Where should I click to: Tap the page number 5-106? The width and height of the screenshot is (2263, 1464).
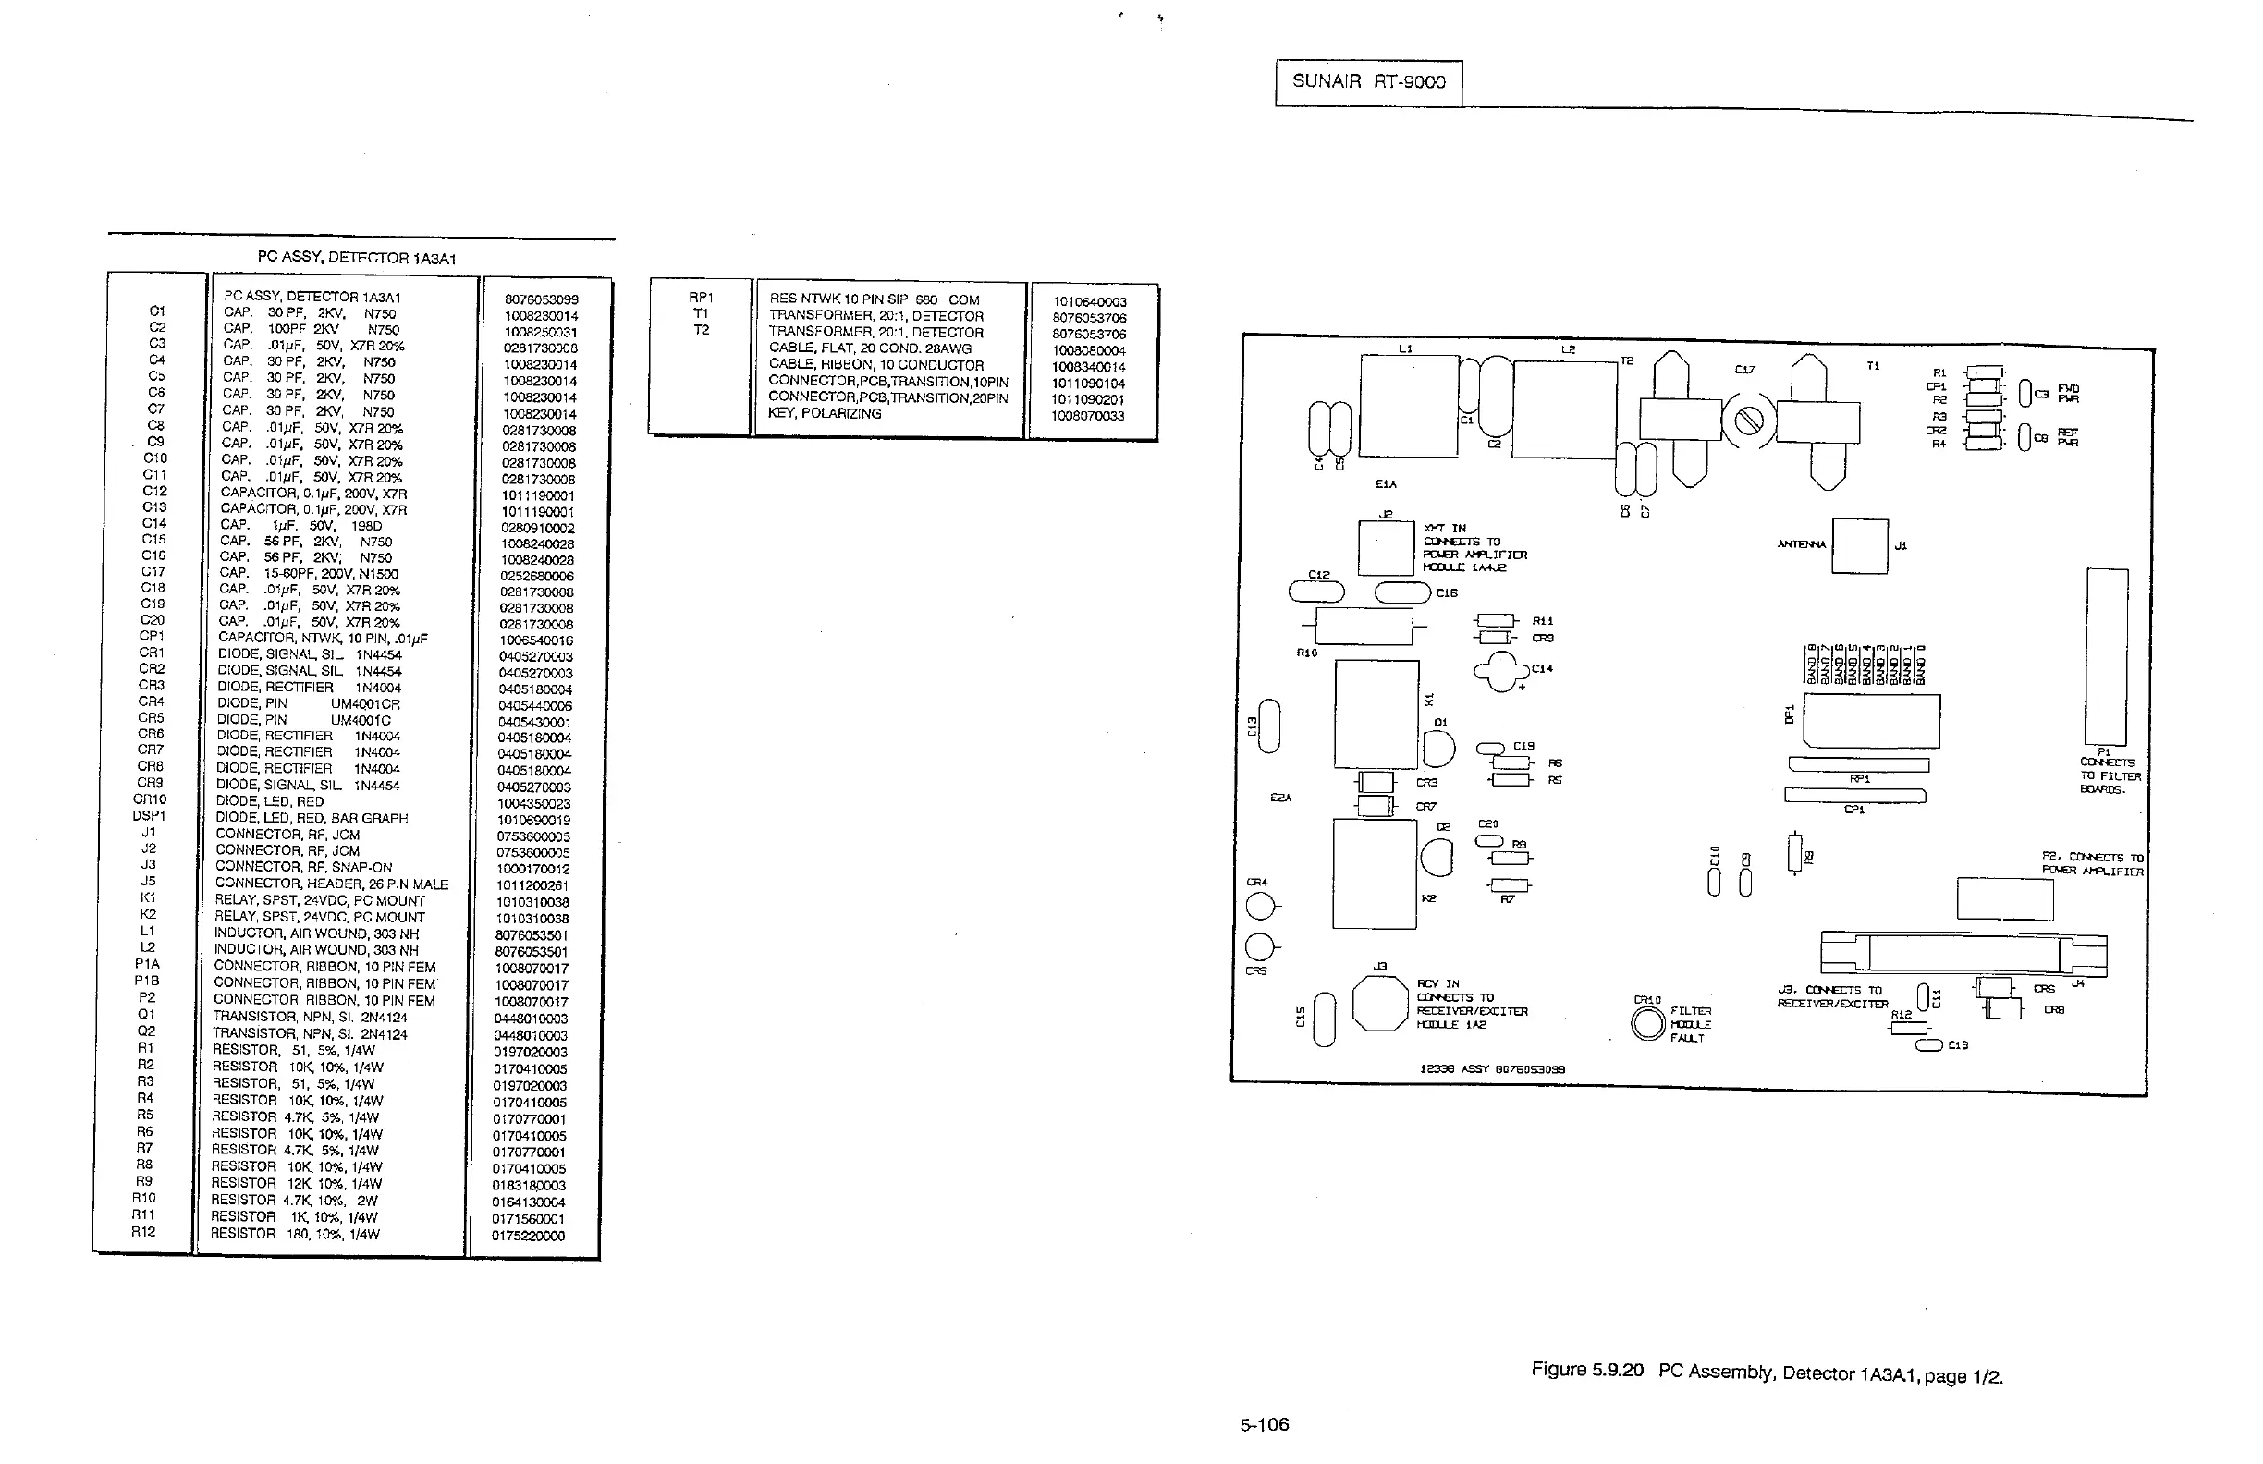point(1264,1424)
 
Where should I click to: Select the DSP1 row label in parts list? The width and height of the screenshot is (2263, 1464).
point(149,816)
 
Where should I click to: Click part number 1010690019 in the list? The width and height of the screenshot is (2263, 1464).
point(533,820)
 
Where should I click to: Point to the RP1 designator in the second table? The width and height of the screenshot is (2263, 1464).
point(701,298)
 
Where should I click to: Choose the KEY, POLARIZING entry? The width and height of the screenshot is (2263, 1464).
point(825,413)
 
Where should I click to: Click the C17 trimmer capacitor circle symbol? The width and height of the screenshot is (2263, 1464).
point(1749,421)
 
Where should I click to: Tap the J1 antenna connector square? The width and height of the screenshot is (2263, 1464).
point(1859,545)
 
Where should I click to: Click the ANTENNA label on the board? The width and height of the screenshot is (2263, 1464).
point(1801,544)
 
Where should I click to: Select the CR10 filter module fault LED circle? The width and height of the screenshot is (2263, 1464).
point(1648,1024)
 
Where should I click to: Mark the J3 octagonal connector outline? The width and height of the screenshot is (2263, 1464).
point(1379,1004)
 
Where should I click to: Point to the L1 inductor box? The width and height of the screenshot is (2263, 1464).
point(1408,406)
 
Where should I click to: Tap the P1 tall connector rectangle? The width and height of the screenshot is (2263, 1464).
point(2106,656)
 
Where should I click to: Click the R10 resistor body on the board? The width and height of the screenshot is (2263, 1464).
point(1364,628)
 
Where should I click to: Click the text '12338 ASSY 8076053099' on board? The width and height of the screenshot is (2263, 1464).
point(1492,1068)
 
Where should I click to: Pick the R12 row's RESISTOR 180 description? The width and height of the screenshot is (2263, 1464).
point(295,1234)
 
